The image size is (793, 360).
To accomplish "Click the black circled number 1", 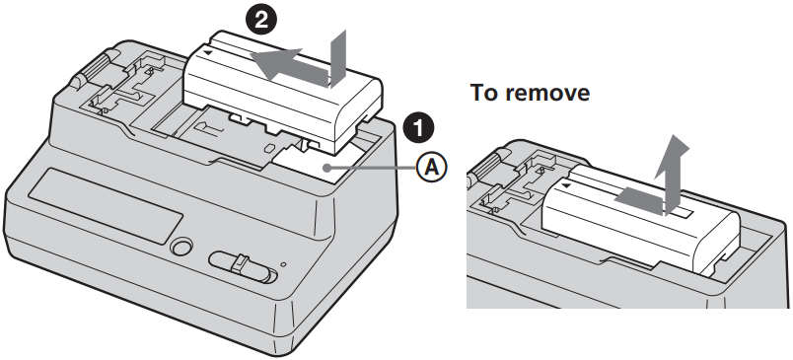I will (418, 127).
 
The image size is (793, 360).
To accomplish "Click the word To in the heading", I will (487, 93).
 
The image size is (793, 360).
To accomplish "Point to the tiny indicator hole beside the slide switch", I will (284, 264).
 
